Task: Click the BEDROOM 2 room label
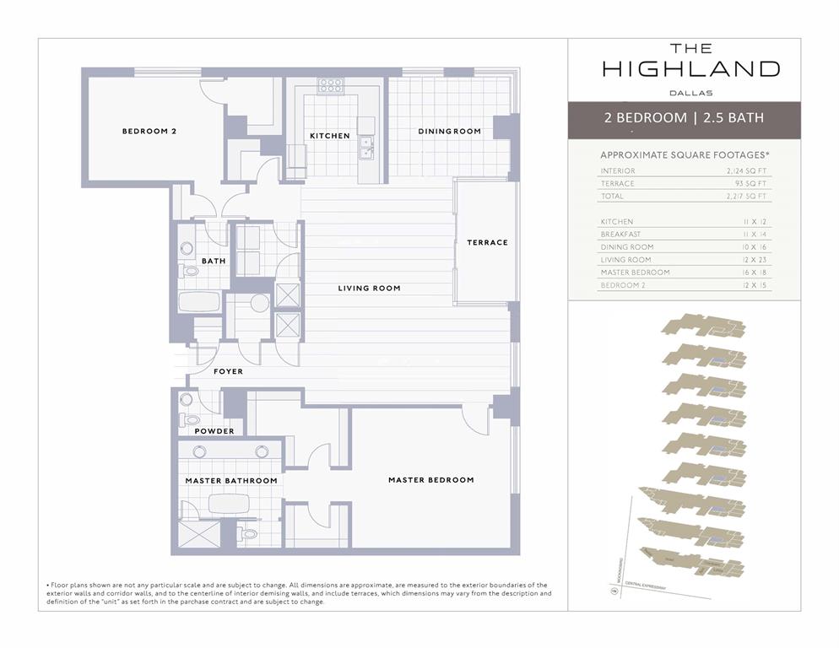click(149, 132)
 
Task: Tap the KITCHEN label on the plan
click(329, 136)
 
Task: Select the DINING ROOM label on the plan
click(449, 132)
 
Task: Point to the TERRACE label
click(487, 243)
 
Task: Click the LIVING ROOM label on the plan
click(369, 289)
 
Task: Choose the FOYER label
click(228, 371)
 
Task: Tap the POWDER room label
click(214, 431)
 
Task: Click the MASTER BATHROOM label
click(230, 481)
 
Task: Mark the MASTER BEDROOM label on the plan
click(430, 480)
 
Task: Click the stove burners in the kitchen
click(331, 85)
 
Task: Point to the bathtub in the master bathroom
click(230, 504)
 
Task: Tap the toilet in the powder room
click(189, 419)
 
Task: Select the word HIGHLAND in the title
click(690, 69)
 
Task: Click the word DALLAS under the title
click(690, 93)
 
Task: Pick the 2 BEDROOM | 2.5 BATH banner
click(684, 118)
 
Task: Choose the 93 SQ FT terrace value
click(750, 184)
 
